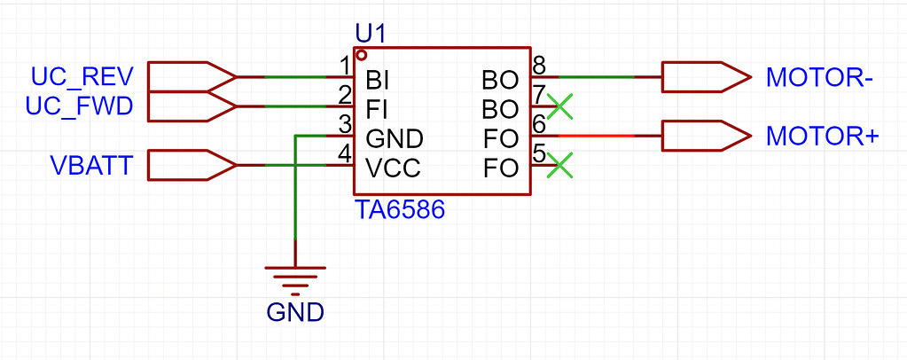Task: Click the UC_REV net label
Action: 82,77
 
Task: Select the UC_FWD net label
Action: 80,107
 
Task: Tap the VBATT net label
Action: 92,166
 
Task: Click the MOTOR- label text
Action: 820,78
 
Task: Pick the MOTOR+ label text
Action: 822,137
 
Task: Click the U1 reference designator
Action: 370,34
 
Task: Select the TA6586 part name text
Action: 399,211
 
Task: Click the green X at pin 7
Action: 559,107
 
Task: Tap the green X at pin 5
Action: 559,166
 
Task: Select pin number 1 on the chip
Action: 344,66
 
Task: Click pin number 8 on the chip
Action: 538,66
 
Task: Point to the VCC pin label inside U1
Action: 393,168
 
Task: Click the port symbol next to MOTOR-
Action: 704,78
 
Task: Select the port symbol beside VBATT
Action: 191,165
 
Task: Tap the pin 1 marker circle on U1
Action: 361,55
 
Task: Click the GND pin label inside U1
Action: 394,138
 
